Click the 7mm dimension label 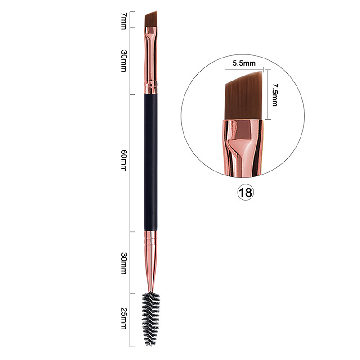tap(124, 21)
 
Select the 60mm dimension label tap(124, 161)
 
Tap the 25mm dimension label tap(124, 319)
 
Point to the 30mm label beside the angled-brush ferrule tap(124, 61)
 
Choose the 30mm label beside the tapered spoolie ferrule tap(124, 263)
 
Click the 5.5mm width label tap(244, 63)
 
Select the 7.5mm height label tap(275, 95)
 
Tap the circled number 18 tap(245, 193)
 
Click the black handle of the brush tap(151, 162)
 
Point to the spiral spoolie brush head tap(151, 319)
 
